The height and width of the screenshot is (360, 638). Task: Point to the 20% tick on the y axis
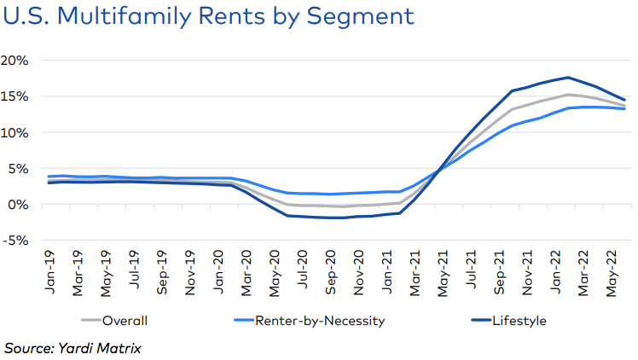click(x=17, y=61)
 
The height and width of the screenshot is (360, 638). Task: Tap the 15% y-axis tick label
click(x=17, y=96)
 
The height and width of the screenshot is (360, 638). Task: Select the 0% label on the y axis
click(x=20, y=205)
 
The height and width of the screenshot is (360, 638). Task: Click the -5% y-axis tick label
click(x=17, y=241)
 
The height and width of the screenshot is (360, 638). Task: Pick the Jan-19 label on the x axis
click(x=50, y=274)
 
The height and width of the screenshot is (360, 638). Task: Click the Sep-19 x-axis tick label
click(x=161, y=274)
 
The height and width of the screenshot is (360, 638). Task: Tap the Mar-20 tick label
click(x=245, y=274)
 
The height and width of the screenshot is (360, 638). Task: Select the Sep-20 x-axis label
click(x=328, y=274)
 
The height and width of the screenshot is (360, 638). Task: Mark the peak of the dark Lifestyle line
click(x=568, y=78)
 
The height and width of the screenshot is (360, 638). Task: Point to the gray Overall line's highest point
click(x=568, y=95)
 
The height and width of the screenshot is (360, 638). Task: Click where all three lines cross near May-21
click(x=439, y=171)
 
